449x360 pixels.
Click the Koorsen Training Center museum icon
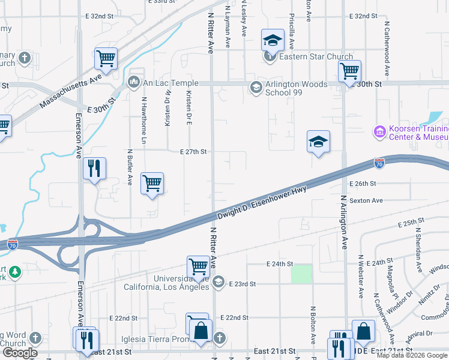(379, 131)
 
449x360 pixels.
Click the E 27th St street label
(193, 152)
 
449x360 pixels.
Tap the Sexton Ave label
(366, 200)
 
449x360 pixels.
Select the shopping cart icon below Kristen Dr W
(152, 183)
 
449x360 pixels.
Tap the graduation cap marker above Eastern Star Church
(272, 40)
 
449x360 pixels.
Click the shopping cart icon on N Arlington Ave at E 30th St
(349, 71)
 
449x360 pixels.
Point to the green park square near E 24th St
(301, 274)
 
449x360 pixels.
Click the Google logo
(20, 353)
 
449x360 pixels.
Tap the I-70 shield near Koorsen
(379, 163)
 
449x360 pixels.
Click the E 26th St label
(363, 184)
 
